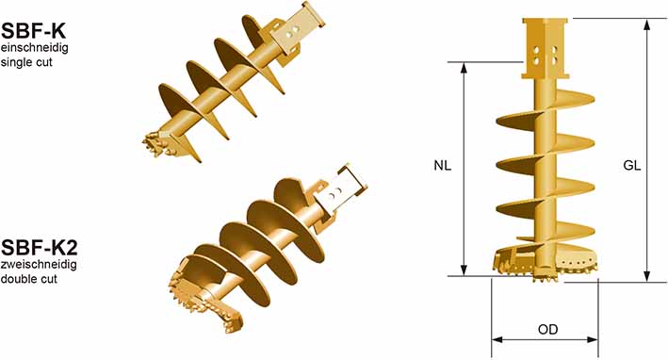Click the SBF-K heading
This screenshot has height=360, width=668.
coord(33,31)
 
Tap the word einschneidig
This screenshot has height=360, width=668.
coord(34,47)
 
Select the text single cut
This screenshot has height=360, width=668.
coord(26,62)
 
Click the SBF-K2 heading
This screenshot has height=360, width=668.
coord(40,248)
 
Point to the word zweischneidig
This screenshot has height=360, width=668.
coord(39,265)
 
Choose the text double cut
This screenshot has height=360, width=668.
coord(29,280)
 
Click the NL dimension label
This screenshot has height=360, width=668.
coord(442,165)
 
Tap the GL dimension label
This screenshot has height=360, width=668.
coord(632,165)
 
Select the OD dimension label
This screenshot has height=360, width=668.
coord(547,329)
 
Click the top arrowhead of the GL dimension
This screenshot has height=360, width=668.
coord(646,25)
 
